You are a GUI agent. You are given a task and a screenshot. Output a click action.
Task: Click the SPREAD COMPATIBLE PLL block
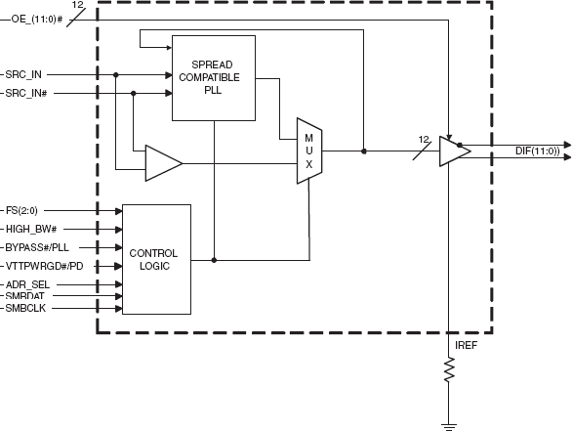coord(213,77)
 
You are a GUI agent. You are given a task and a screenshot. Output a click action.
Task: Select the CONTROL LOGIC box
coord(155,259)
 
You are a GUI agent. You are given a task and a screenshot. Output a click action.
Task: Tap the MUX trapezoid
coord(308,151)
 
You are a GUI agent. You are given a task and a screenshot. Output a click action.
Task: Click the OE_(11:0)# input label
coord(35,21)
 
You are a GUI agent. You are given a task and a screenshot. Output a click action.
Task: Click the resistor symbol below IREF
coord(449,370)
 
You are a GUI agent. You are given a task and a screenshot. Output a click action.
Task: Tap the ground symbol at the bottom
coord(449,424)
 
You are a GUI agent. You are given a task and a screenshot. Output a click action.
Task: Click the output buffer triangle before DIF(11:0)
coord(453,151)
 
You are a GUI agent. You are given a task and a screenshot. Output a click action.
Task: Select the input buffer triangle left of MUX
coord(162,162)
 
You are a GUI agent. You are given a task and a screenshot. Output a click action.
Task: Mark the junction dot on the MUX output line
coord(364,151)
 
